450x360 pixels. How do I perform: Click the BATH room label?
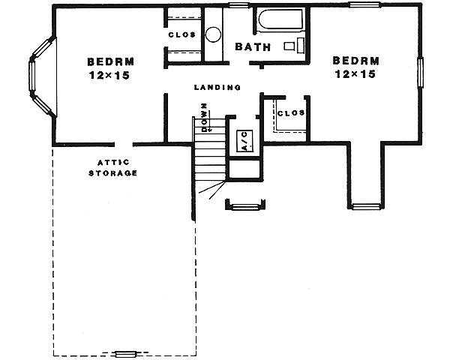pos(247,47)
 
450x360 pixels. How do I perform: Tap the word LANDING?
pos(217,88)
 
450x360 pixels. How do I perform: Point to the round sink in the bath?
pos(213,34)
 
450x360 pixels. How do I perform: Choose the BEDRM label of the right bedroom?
pos(356,61)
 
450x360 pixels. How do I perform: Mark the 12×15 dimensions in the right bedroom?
pos(356,74)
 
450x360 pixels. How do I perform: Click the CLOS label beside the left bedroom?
pos(181,34)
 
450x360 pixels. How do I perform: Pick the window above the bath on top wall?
pos(239,5)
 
